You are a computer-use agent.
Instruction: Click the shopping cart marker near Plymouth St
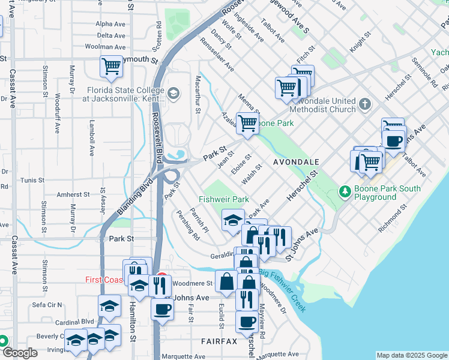click(111, 66)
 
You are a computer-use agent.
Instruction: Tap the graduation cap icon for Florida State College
click(173, 92)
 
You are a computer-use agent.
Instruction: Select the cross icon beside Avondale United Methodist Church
click(364, 105)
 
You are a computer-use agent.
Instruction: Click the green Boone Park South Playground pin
click(345, 192)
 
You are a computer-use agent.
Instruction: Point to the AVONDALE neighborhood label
click(295, 163)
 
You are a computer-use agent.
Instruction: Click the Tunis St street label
click(32, 180)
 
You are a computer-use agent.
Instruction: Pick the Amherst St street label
click(73, 195)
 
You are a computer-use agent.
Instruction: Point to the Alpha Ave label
click(110, 25)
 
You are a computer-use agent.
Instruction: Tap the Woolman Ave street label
click(104, 46)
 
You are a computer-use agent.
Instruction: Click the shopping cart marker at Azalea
click(247, 124)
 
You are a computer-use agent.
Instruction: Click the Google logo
click(20, 353)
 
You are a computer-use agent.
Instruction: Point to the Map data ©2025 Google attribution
click(412, 355)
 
